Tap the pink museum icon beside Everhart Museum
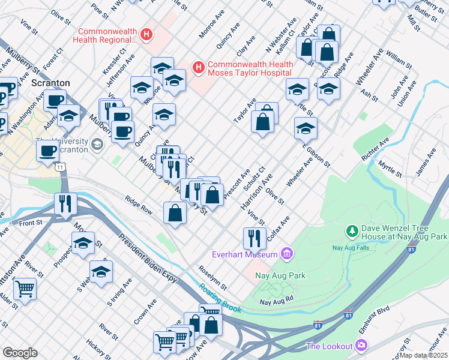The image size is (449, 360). click(x=286, y=254)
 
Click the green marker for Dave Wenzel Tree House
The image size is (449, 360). click(x=352, y=230)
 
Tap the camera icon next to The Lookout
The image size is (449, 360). click(x=361, y=345)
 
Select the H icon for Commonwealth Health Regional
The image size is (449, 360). click(x=145, y=35)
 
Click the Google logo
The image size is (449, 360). click(x=20, y=353)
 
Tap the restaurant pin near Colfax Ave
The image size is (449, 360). click(x=255, y=238)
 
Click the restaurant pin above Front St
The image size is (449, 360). click(x=65, y=204)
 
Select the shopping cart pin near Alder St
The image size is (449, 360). click(x=25, y=289)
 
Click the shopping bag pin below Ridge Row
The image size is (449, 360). click(x=174, y=213)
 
